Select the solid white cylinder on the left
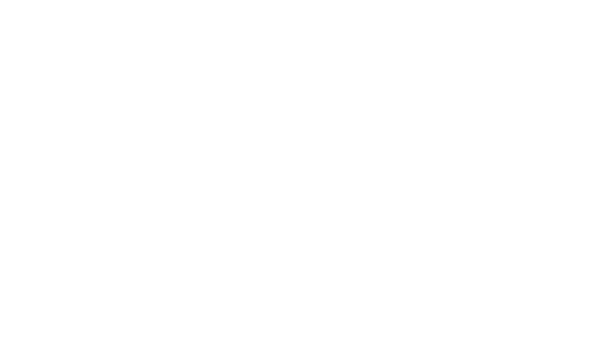pos(190,213)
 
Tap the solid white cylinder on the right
pos(534,213)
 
